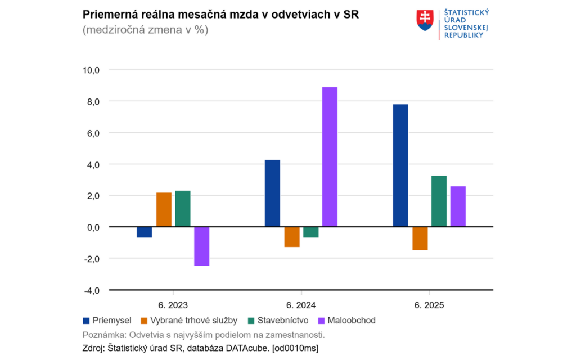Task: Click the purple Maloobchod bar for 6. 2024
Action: (x=330, y=157)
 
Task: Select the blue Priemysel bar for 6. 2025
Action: (x=400, y=165)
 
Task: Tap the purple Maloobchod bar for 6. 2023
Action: (x=201, y=246)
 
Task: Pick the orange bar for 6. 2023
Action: (x=164, y=210)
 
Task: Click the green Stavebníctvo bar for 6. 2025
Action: (x=439, y=201)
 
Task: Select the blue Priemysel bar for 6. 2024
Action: (x=272, y=193)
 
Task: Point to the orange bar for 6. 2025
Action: (x=420, y=238)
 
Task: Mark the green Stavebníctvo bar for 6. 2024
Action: (x=310, y=232)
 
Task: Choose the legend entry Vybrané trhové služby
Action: (x=186, y=321)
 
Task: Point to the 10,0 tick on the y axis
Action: (x=91, y=70)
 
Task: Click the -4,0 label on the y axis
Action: (x=91, y=290)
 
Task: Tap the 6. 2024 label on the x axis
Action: (x=301, y=305)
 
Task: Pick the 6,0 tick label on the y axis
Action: (x=91, y=133)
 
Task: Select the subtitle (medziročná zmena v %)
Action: (x=145, y=30)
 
